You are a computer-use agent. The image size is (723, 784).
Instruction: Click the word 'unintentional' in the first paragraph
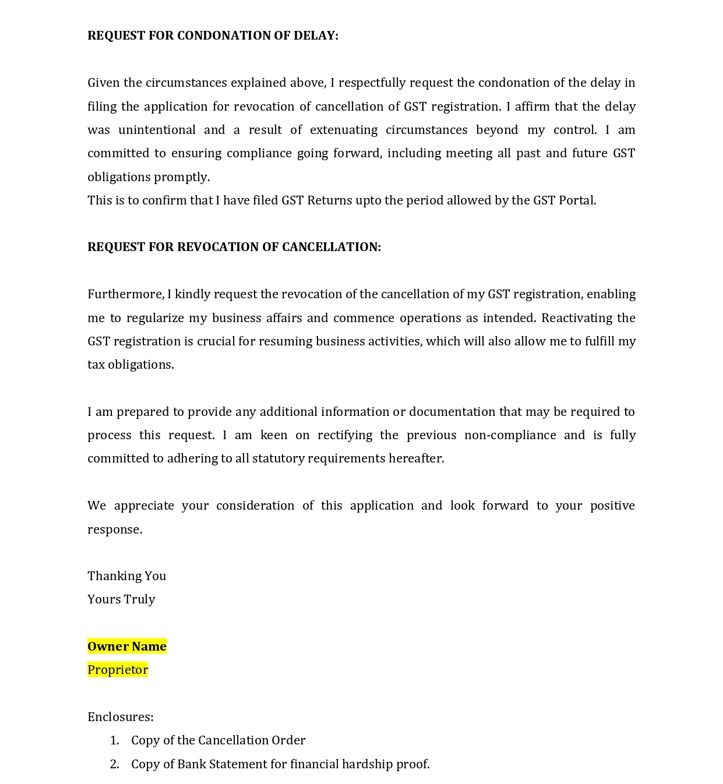157,130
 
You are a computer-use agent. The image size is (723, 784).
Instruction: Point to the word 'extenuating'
344,130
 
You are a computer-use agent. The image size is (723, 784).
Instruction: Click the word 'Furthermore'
126,294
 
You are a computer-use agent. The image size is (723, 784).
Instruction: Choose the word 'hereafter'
416,458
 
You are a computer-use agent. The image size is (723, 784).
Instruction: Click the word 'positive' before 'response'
612,506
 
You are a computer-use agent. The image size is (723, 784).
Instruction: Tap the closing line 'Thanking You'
126,576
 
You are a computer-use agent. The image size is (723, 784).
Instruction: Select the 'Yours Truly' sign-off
121,599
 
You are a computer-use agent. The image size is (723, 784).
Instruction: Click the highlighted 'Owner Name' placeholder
127,647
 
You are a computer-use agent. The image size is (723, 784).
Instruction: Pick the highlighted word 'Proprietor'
118,670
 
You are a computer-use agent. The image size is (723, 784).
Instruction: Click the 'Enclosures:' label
121,717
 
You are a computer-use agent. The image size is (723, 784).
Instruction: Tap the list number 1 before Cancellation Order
114,740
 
